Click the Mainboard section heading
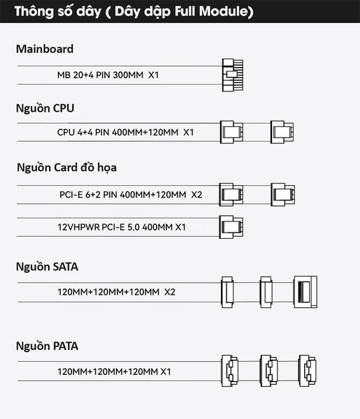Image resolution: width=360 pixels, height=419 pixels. (x=45, y=49)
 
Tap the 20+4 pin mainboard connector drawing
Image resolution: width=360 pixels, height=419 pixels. (x=233, y=75)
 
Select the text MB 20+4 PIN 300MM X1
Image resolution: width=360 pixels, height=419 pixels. (x=108, y=75)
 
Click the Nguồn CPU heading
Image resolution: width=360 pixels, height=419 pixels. (x=45, y=108)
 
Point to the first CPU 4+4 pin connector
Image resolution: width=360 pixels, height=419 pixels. (x=231, y=132)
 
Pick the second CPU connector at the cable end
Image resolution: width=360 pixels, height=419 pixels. (x=282, y=132)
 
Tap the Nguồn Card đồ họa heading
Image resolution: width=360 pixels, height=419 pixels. (x=66, y=168)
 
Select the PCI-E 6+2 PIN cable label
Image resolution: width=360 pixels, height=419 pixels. (x=131, y=195)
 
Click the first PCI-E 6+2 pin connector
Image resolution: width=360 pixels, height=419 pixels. (x=231, y=195)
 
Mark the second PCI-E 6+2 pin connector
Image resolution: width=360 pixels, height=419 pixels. (x=282, y=195)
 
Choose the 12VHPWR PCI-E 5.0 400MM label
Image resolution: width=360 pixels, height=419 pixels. (x=122, y=227)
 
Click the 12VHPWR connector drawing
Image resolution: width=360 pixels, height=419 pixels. (x=231, y=227)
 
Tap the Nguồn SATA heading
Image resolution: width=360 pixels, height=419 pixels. (x=47, y=267)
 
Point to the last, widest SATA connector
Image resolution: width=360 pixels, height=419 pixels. (x=305, y=292)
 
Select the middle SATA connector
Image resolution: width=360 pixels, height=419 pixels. (x=266, y=292)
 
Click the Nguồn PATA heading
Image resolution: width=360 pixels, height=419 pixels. (x=47, y=346)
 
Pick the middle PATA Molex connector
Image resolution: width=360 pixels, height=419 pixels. (x=268, y=371)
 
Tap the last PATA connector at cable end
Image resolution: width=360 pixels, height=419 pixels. (x=308, y=371)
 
